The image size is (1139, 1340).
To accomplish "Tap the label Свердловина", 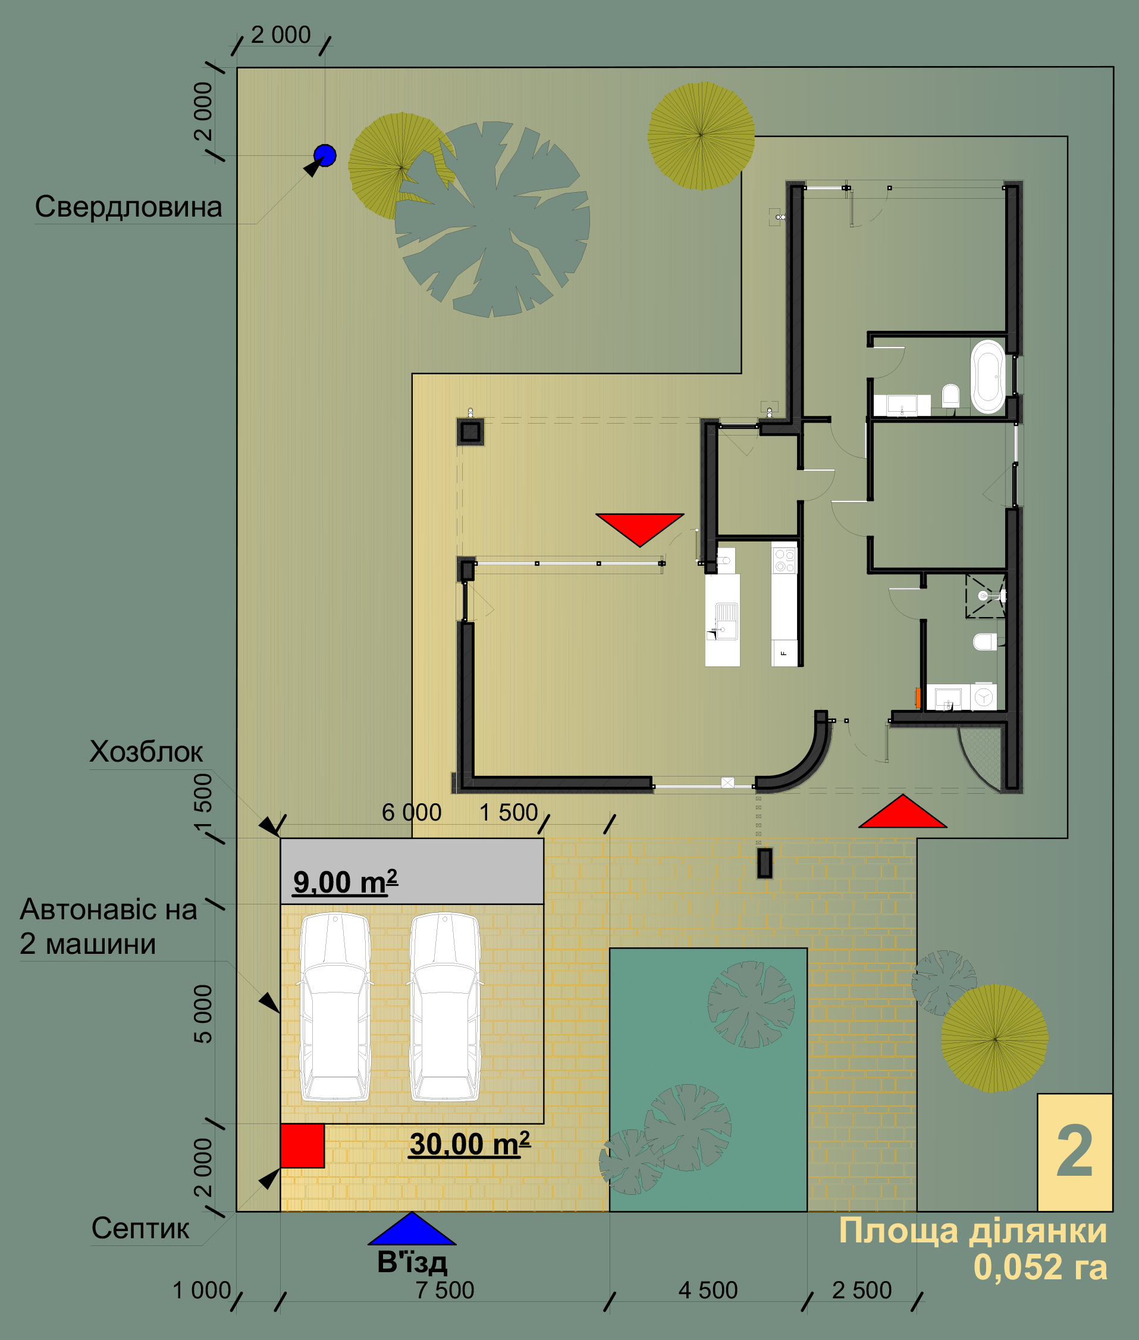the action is pyautogui.click(x=128, y=206).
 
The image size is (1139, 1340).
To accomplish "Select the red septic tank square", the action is pyautogui.click(x=302, y=1145).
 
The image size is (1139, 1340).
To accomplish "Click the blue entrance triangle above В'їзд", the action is pyautogui.click(x=412, y=1228).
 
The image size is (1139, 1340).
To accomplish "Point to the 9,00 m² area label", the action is pyautogui.click(x=346, y=881).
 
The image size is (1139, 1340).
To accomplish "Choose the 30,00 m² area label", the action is pyautogui.click(x=470, y=1144).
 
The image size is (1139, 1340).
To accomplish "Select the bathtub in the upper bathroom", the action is pyautogui.click(x=988, y=376).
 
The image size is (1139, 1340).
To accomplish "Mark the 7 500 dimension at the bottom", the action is pyautogui.click(x=445, y=1289).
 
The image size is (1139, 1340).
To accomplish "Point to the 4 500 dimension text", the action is pyautogui.click(x=708, y=1289).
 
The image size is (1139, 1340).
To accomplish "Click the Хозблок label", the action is pyautogui.click(x=146, y=752).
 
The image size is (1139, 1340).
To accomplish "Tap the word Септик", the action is pyautogui.click(x=140, y=1228).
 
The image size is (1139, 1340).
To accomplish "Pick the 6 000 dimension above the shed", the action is pyautogui.click(x=412, y=812).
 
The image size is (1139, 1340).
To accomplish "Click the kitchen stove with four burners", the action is pyautogui.click(x=785, y=560).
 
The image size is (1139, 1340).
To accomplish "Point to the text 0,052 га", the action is pyautogui.click(x=1040, y=1266).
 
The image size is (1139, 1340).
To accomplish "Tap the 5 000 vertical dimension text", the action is pyautogui.click(x=203, y=1014).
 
